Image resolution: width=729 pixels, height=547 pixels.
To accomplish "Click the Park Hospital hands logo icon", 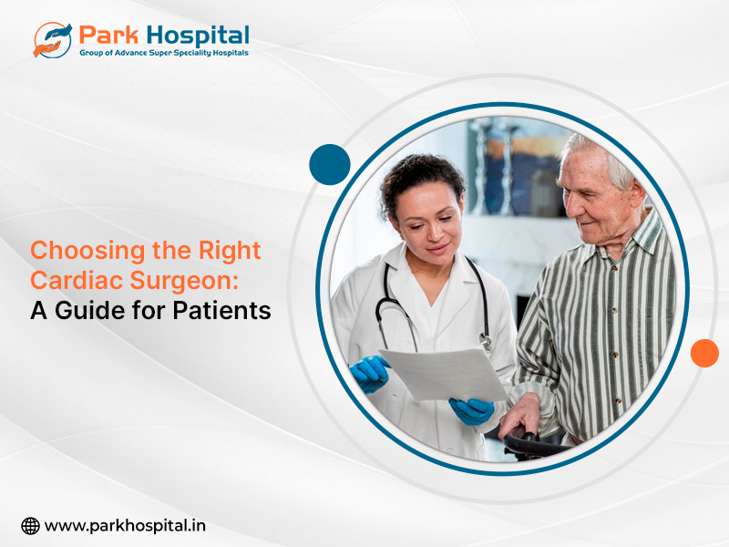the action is click(53, 40).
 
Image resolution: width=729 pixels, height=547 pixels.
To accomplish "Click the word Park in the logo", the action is click(108, 36).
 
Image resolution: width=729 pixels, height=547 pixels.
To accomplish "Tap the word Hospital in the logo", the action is click(198, 36).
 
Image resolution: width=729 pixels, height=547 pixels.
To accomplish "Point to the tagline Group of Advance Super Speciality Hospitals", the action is click(164, 53).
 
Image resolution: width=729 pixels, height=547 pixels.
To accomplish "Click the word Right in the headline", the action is click(230, 252).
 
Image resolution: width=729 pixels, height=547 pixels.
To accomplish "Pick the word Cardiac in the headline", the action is click(77, 281).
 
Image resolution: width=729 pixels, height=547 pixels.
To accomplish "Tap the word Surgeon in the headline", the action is click(180, 282).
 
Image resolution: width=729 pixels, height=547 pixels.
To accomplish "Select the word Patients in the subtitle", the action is click(221, 311).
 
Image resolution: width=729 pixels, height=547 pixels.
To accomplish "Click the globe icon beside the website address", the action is click(30, 526).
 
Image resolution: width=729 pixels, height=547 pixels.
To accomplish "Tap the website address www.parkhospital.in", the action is click(125, 526).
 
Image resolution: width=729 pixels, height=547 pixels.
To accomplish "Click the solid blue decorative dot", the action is click(330, 164).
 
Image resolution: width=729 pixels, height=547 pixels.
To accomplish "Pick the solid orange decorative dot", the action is click(704, 353).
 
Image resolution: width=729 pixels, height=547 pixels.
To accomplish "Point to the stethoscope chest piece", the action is click(487, 343).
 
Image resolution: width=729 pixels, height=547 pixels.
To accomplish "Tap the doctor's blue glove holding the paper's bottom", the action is click(471, 411).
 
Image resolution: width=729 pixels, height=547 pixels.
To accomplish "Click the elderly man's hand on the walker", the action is click(520, 417).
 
